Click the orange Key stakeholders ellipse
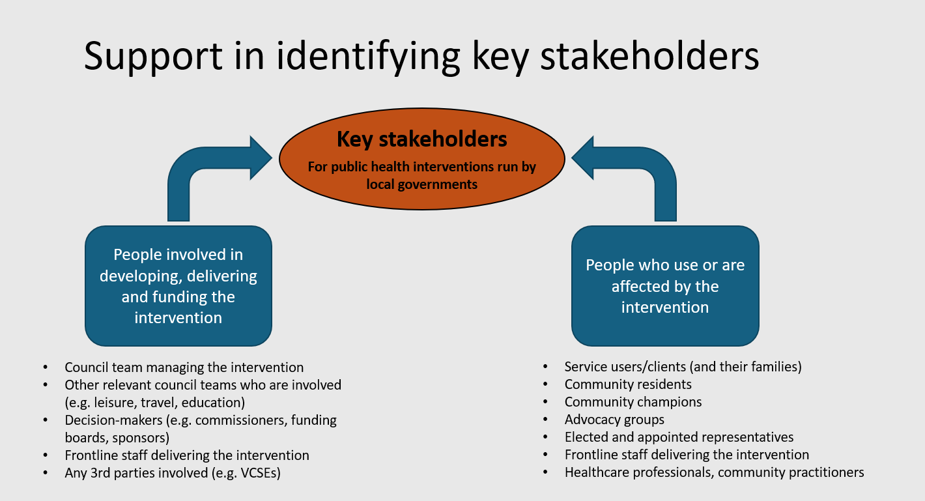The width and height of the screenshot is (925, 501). pos(421,159)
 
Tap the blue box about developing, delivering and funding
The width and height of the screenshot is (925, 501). pos(178,286)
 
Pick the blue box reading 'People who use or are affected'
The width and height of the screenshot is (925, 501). pos(665,286)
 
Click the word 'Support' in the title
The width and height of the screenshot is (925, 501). pos(153,57)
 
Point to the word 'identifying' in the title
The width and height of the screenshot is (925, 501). pos(367,57)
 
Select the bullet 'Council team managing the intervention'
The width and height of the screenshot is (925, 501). pos(184,367)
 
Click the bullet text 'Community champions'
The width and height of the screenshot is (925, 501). pos(633,402)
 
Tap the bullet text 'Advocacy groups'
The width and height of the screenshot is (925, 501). pos(614,420)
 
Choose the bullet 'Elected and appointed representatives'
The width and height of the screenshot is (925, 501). pos(679,437)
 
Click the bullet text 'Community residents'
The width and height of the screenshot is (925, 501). pos(628,384)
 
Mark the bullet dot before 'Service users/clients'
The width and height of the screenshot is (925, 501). pos(545,367)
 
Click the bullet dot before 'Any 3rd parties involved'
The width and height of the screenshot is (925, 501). pos(46,473)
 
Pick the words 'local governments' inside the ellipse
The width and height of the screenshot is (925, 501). pos(421,184)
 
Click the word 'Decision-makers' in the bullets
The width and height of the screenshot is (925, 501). pos(113,420)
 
